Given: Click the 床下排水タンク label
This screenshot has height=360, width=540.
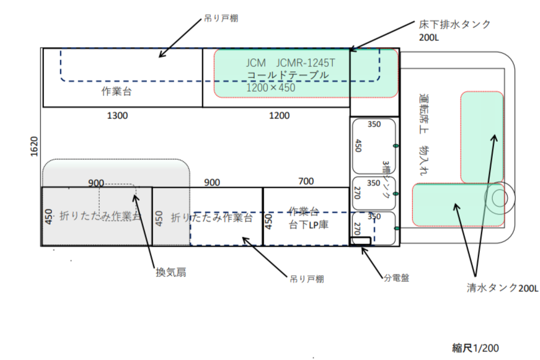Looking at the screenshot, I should pos(455,25).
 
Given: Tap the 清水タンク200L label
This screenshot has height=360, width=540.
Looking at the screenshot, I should pos(495,288).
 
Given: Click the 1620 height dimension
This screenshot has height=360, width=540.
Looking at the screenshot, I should pos(34,147).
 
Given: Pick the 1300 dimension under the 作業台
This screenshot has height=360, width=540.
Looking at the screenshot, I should pos(118,115).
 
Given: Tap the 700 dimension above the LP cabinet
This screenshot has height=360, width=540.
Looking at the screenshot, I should pos(306,182).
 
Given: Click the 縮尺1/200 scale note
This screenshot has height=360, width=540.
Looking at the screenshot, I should pos(476,348).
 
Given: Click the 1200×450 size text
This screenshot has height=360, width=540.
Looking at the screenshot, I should pos(271,87).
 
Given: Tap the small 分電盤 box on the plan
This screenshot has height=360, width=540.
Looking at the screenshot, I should pos(360,240).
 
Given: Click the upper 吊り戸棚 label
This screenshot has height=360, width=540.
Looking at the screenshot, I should pos(221,18).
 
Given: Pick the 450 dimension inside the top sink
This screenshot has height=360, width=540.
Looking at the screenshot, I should pos(358,145).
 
